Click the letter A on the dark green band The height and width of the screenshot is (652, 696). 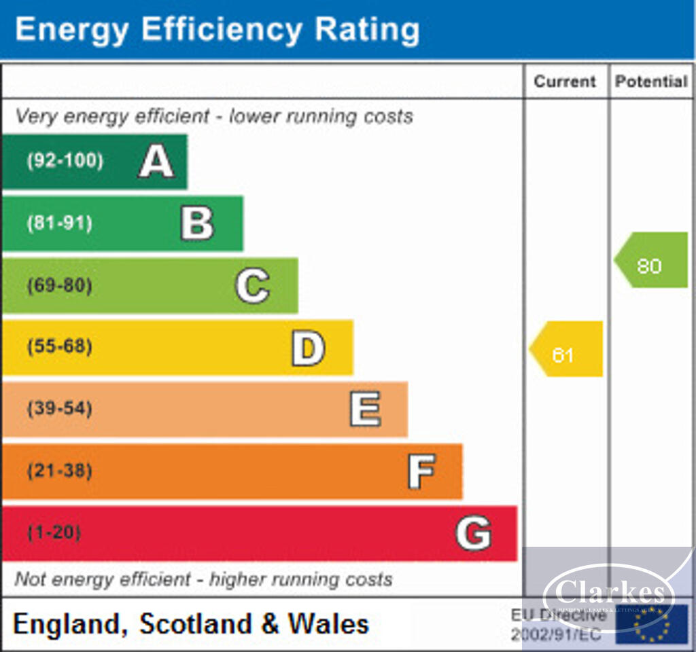(x=156, y=162)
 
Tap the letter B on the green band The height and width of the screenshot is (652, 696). (x=197, y=223)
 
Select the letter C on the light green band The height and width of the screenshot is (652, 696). (x=252, y=286)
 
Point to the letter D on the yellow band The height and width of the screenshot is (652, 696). (x=308, y=348)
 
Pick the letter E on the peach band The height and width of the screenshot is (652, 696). (x=365, y=410)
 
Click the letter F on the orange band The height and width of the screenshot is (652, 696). (x=421, y=471)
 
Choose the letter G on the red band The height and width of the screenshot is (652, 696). (x=473, y=533)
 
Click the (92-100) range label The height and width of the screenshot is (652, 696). (x=65, y=162)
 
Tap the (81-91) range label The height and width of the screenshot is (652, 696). (x=59, y=223)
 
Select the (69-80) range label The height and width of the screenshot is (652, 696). (x=59, y=286)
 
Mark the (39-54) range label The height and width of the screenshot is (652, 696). (x=59, y=410)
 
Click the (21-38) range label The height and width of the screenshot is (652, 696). (x=59, y=471)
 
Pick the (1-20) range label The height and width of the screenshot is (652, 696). (x=54, y=533)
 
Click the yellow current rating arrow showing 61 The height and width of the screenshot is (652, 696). (x=566, y=349)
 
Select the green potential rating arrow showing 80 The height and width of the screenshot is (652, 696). (x=651, y=260)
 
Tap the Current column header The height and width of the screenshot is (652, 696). (x=564, y=81)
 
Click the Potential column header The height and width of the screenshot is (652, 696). (x=651, y=81)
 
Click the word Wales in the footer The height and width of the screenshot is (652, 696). (x=328, y=623)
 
